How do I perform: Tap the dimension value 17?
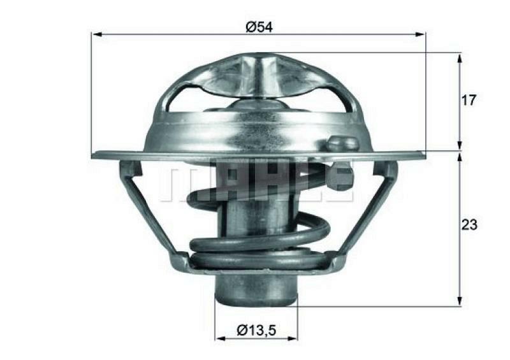click(469, 100)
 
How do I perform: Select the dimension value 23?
click(469, 224)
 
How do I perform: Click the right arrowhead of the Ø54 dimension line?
click(421, 34)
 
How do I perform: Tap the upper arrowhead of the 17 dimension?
click(459, 57)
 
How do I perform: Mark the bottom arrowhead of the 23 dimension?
click(459, 302)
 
